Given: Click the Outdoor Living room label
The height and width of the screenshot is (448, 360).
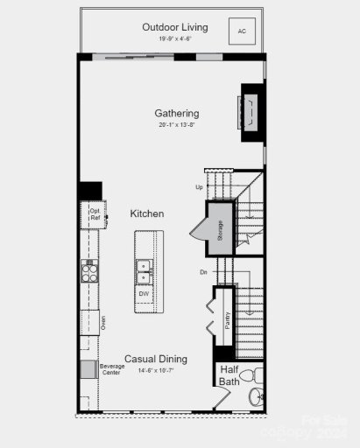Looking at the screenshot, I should tap(175, 27).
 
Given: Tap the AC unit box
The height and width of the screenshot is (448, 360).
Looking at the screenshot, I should tap(241, 31).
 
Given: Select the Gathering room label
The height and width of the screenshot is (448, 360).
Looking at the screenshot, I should tap(177, 113).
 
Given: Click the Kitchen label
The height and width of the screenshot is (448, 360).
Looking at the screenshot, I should tap(147, 213).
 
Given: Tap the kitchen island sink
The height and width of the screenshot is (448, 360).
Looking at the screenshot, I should tap(144, 272).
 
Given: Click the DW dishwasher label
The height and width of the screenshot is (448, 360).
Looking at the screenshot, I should tap(144, 294).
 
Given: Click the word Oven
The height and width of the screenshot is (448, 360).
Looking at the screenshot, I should tap(102, 324).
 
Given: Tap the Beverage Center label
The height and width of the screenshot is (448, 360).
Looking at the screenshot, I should tap(111, 369).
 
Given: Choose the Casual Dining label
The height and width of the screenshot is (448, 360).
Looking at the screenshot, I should tap(156, 359).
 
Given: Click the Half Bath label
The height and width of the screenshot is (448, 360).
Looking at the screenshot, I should tap(229, 375).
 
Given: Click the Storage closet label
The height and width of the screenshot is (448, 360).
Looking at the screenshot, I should tap(220, 229).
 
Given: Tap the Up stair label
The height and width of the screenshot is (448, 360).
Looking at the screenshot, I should tap(199, 187).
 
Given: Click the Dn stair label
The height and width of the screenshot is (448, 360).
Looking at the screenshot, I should tap(202, 272).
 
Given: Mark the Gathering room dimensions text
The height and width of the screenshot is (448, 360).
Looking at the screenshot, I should tap(177, 125).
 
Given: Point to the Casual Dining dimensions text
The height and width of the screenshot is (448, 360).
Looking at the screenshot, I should tap(156, 370).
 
